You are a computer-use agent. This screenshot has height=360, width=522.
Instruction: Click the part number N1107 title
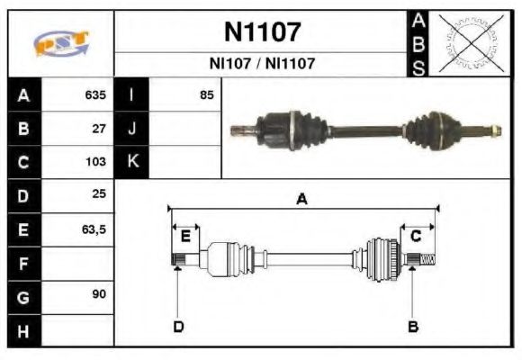(x=261, y=32)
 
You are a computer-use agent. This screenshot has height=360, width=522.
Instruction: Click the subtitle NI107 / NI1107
(x=261, y=64)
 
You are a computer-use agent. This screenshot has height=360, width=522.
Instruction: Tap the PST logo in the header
(x=60, y=43)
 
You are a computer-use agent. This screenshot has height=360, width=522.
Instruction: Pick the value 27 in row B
(x=99, y=129)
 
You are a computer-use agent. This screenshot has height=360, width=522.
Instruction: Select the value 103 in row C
(x=95, y=162)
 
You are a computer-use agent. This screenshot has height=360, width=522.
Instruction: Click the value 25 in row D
(x=99, y=195)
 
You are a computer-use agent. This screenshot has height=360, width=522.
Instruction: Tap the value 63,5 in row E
(x=94, y=229)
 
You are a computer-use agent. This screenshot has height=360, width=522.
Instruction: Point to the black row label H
(x=22, y=330)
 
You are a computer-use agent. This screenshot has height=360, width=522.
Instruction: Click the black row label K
(x=132, y=162)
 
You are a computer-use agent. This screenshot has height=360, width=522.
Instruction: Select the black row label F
(x=22, y=263)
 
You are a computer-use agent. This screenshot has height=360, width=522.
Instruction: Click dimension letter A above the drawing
(x=302, y=200)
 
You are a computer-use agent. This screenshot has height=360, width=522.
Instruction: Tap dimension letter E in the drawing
(x=184, y=237)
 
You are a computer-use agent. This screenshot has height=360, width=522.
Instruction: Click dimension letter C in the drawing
(x=416, y=237)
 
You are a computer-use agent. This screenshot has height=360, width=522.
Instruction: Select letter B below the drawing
(x=413, y=326)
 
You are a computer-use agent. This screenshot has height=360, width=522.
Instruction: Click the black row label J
(x=132, y=129)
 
